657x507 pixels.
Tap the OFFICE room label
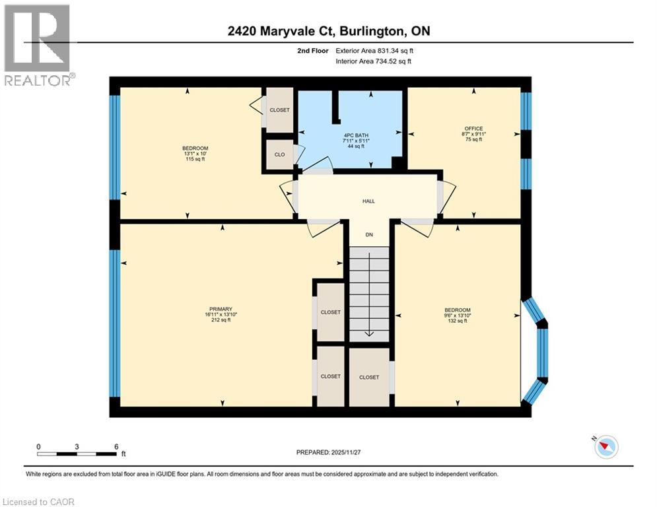pos(473,129)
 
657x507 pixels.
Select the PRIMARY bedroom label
pos(221,308)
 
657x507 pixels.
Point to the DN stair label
pos(370,234)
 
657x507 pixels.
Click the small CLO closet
pos(279,154)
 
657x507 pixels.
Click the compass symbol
pos(605,448)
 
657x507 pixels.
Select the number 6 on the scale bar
pos(116,447)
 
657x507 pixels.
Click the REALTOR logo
pos(38,45)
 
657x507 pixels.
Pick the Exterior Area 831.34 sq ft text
pos(375,50)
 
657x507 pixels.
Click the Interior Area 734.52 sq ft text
pos(374,61)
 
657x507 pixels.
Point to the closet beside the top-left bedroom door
pos(279,110)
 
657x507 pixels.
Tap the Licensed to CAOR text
pos(38,502)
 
